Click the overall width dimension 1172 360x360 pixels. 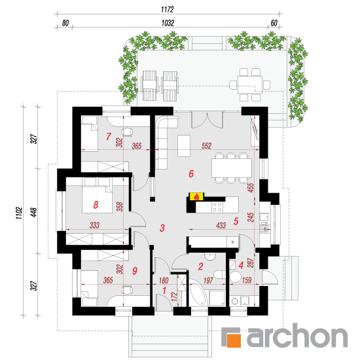coord(168,9)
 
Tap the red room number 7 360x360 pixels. coord(109,136)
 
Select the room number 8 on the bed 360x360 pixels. coord(96,205)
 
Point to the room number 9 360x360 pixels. coord(135,271)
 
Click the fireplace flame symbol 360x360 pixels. coord(196,197)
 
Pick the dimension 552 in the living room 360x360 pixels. coord(206,146)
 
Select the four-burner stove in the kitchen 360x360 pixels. coord(217,207)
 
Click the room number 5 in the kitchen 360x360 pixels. coord(236,221)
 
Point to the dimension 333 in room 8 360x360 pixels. coord(94,225)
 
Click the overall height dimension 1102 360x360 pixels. coord(19,213)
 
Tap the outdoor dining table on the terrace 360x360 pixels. coord(250,84)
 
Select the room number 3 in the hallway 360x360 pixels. coord(162,228)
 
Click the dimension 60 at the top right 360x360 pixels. coord(274,23)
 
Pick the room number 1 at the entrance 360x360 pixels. coord(164,291)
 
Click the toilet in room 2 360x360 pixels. coord(220,274)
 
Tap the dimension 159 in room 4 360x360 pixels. coord(247,280)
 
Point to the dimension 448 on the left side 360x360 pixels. coord(34,212)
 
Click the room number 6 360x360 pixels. coord(191,174)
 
